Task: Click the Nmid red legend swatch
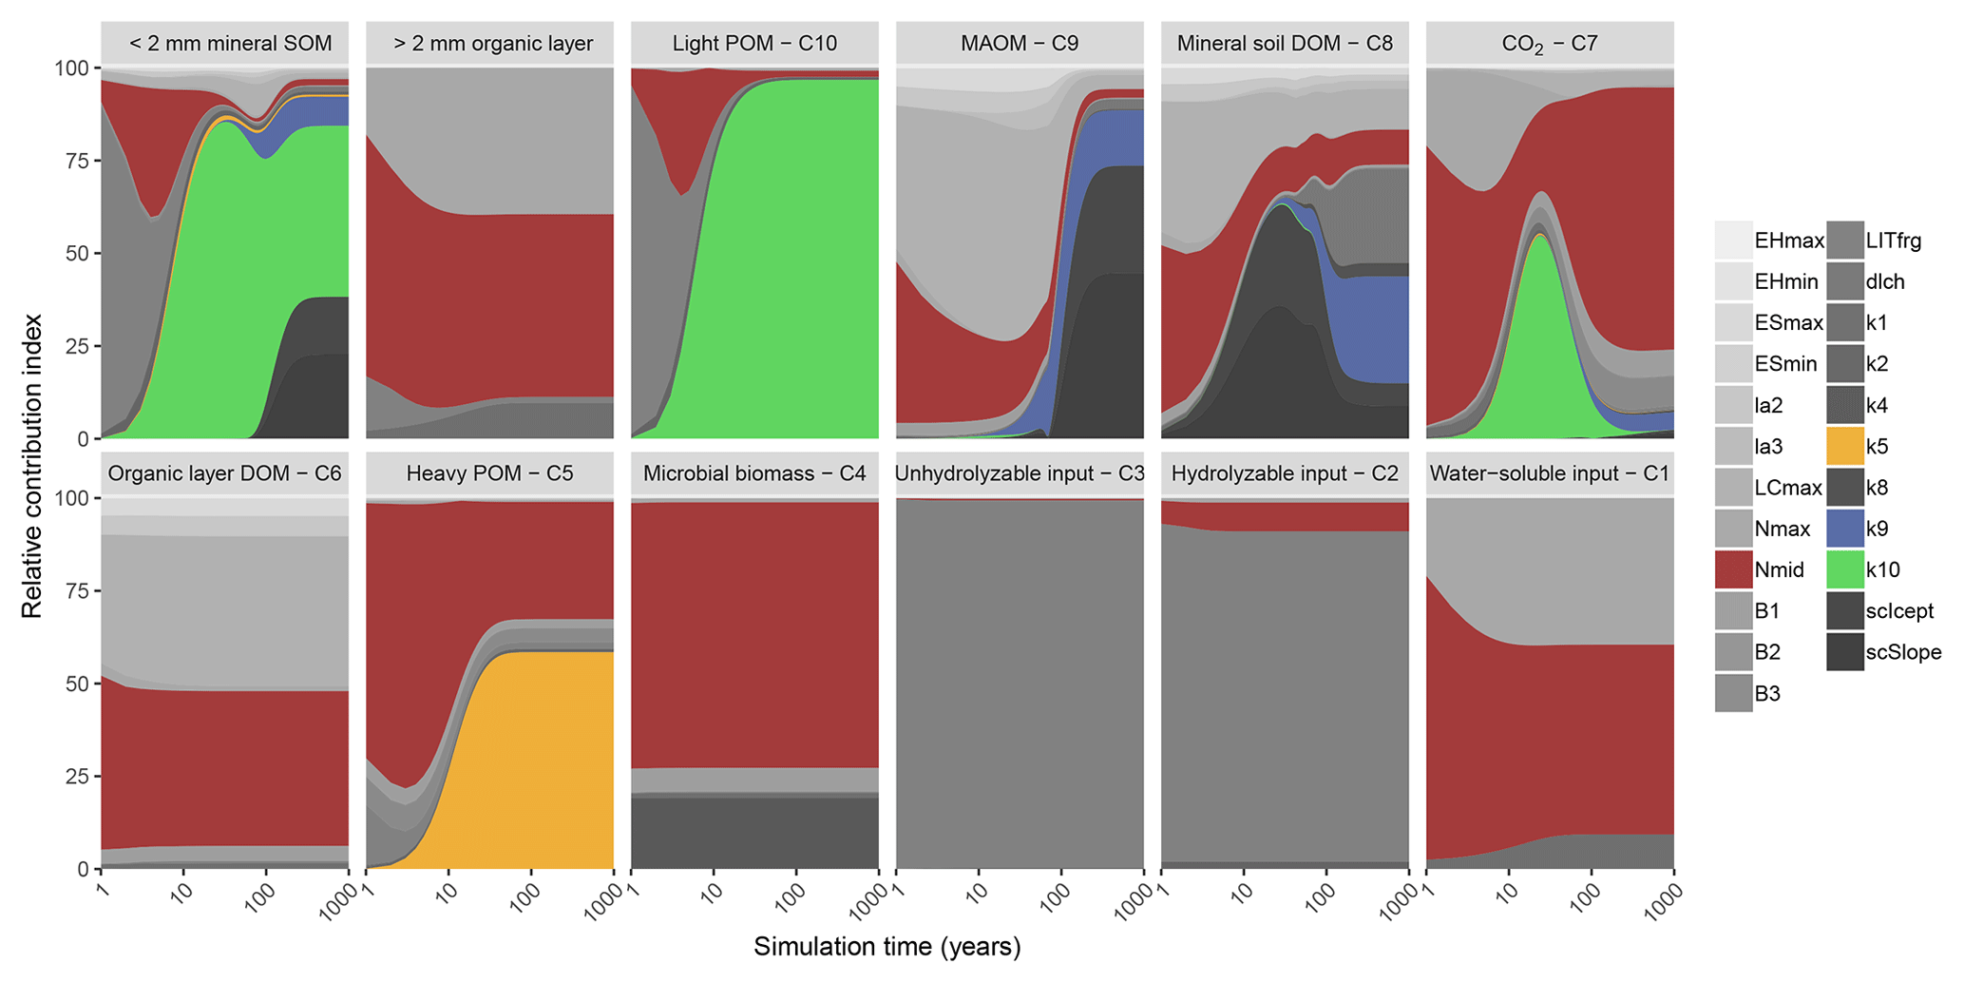pos(1733,569)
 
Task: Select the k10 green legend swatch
pos(1844,569)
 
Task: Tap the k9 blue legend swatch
pos(1844,529)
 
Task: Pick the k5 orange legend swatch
pos(1844,446)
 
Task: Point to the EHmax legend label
pos(1789,241)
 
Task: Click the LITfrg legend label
pos(1894,241)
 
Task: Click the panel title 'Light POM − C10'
pos(754,44)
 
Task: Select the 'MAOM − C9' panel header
pos(1020,44)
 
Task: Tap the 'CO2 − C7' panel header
pos(1550,44)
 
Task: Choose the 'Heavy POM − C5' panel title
pos(489,473)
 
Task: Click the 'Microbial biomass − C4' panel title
pos(754,473)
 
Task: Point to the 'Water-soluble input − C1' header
pos(1550,473)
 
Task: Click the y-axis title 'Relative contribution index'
pos(32,466)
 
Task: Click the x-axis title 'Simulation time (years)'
pos(887,947)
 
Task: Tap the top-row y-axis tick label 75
pos(75,161)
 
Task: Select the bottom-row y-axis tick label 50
pos(75,684)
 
